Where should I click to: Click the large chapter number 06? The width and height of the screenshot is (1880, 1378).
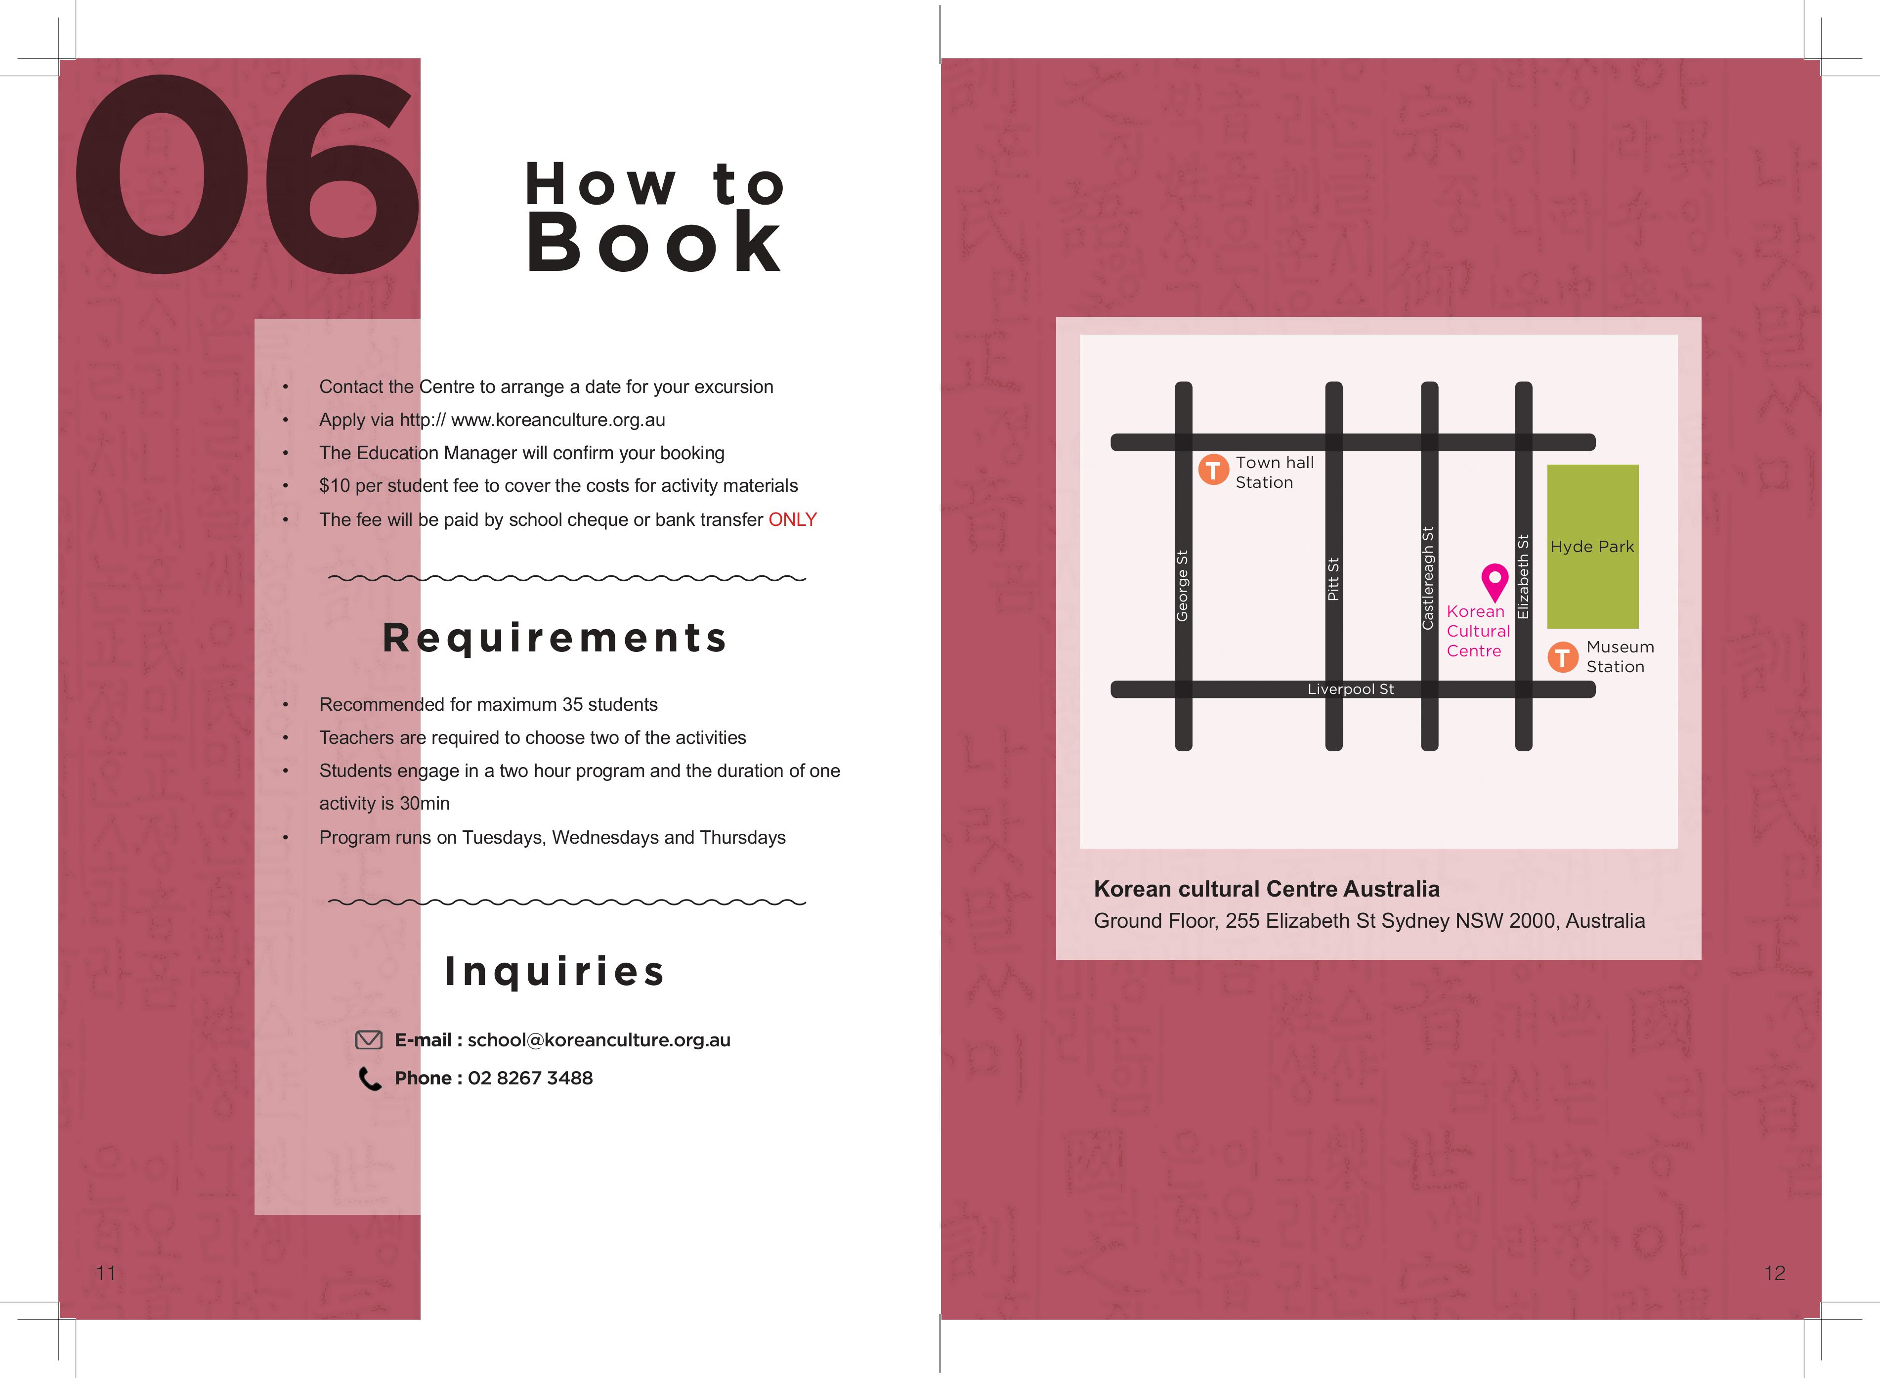coord(246,175)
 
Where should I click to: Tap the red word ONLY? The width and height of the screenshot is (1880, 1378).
coord(792,519)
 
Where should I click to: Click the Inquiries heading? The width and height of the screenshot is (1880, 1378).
coord(555,972)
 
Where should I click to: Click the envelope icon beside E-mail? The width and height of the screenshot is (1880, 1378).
coord(369,1040)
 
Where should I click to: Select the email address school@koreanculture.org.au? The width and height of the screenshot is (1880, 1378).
coord(599,1040)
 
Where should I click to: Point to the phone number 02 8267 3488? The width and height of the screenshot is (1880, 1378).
coord(530,1077)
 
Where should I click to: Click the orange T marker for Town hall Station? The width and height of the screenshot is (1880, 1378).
coord(1213,470)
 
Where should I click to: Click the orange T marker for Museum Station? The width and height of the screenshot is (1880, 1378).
coord(1562,657)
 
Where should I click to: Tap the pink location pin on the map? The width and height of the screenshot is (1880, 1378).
coord(1495,581)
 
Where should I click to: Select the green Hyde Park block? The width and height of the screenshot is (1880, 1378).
coord(1592,546)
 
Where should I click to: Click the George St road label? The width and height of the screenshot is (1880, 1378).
coord(1182,586)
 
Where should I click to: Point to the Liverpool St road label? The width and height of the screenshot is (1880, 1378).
coord(1350,689)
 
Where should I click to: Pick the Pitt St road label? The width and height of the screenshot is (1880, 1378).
coord(1333,579)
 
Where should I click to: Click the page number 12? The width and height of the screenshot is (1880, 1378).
coord(1775,1273)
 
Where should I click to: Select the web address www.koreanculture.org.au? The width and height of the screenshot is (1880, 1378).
coord(558,420)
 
